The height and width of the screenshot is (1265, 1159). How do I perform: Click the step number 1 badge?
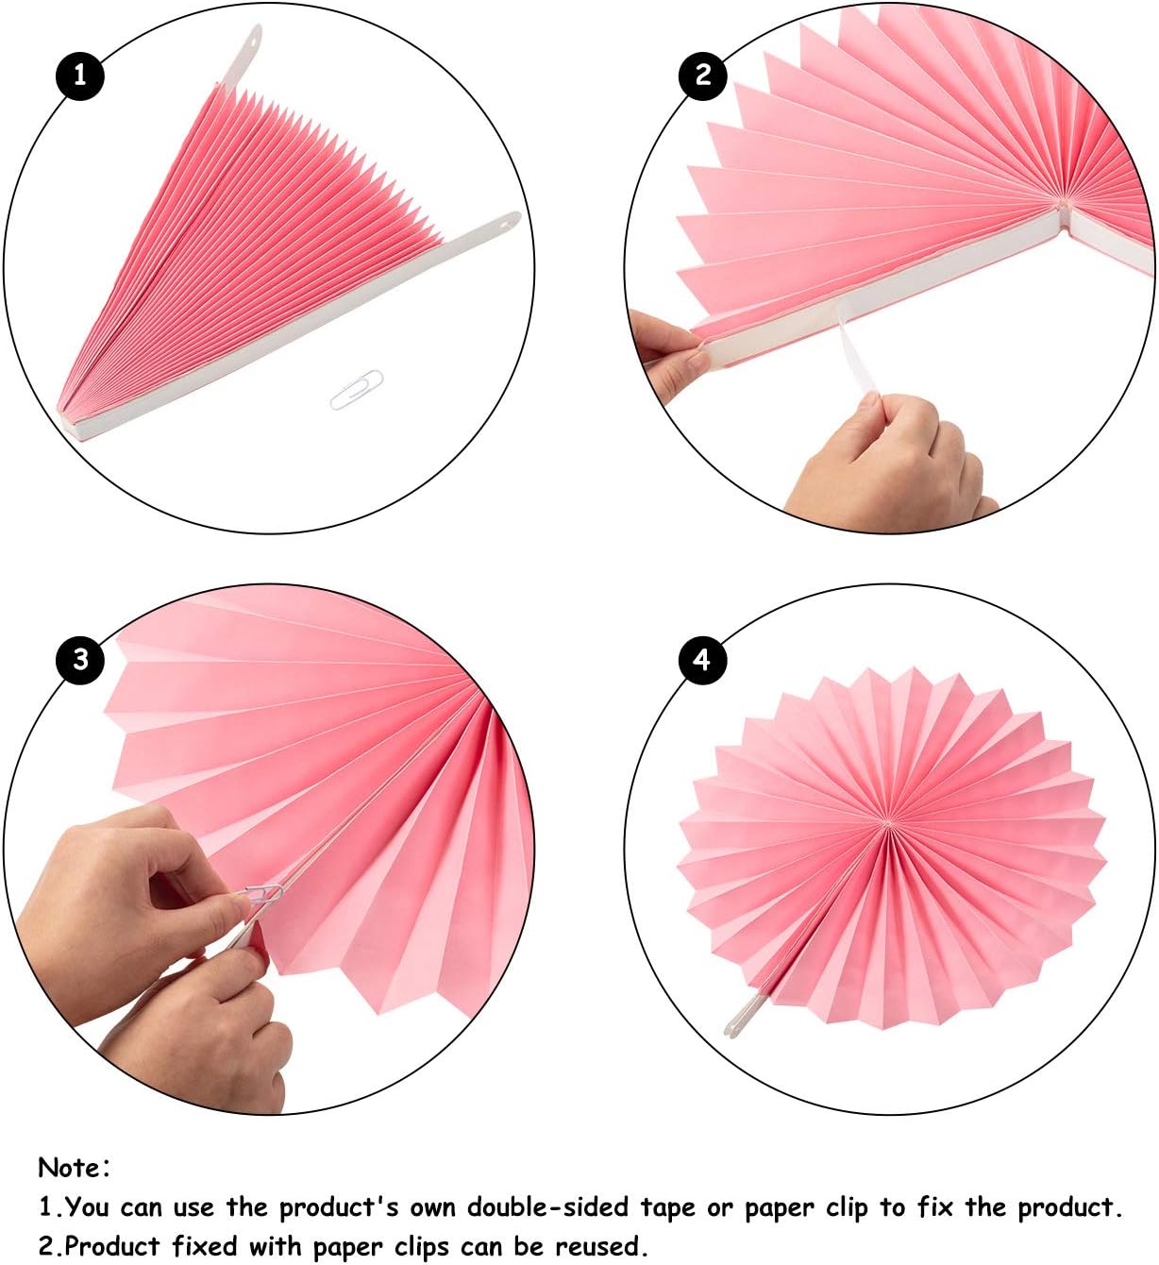pos(80,76)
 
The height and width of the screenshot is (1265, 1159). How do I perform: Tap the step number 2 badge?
pos(702,76)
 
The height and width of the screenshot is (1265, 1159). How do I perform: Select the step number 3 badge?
pos(80,660)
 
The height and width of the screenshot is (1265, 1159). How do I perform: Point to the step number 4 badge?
pos(702,660)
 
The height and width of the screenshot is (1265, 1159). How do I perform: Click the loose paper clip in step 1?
pos(357,390)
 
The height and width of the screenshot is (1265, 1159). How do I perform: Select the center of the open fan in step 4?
pos(888,823)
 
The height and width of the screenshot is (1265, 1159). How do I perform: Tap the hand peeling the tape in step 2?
pos(889,457)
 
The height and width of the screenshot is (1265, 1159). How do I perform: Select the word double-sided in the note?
pos(548,1207)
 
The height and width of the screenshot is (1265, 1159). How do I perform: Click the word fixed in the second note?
pos(205,1245)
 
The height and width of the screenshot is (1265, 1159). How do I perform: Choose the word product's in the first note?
pos(339,1208)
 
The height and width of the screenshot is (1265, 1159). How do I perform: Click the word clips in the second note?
pos(421,1247)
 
